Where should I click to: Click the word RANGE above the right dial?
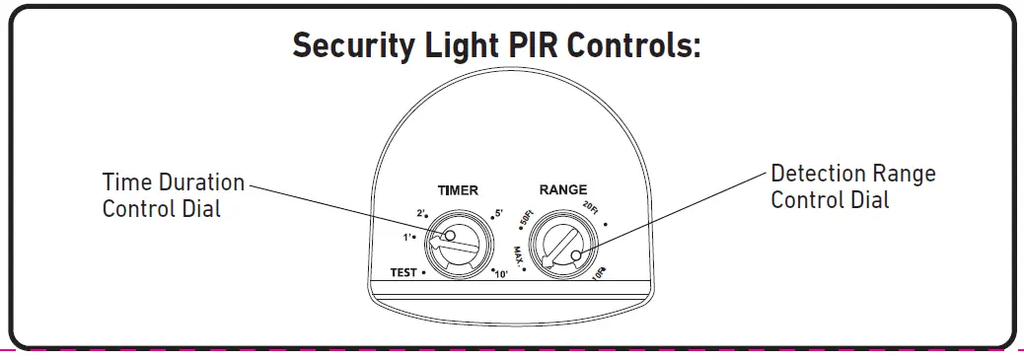pyautogui.click(x=562, y=189)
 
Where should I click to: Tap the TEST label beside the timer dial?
pyautogui.click(x=402, y=272)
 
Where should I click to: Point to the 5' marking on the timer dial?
pyautogui.click(x=497, y=214)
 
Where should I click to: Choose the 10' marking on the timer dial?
pyautogui.click(x=501, y=272)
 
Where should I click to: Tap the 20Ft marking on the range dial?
pyautogui.click(x=590, y=207)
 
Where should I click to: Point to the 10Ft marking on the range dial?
pyautogui.click(x=599, y=275)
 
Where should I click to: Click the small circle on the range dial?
pyautogui.click(x=575, y=255)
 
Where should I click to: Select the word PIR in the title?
pyautogui.click(x=558, y=46)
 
